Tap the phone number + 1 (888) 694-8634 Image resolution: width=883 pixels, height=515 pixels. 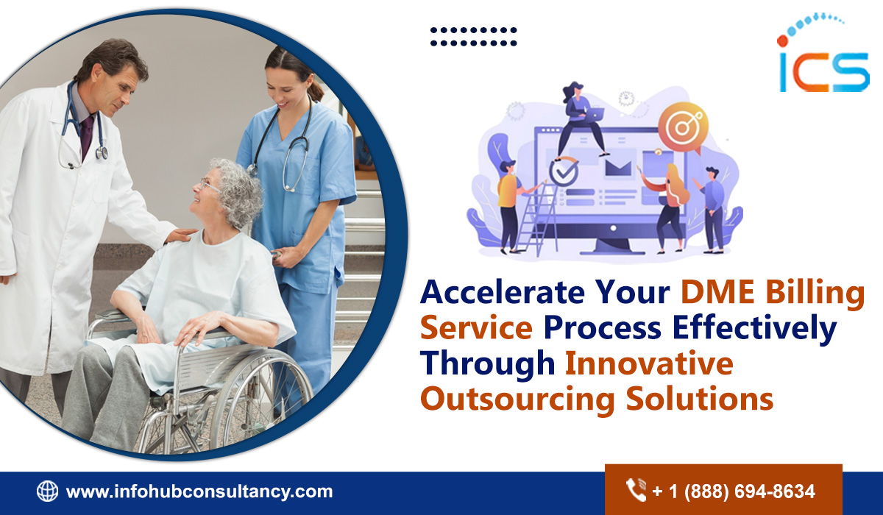coord(734,491)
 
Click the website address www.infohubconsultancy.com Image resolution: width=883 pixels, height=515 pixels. coord(199,491)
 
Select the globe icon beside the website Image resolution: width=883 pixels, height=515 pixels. coord(47,491)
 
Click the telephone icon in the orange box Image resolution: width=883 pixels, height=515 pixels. coord(636,490)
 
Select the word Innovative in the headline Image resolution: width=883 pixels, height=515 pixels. coord(648,363)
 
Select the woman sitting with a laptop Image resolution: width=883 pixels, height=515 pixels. coord(581,118)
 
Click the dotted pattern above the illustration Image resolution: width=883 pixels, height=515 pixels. coord(473,37)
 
